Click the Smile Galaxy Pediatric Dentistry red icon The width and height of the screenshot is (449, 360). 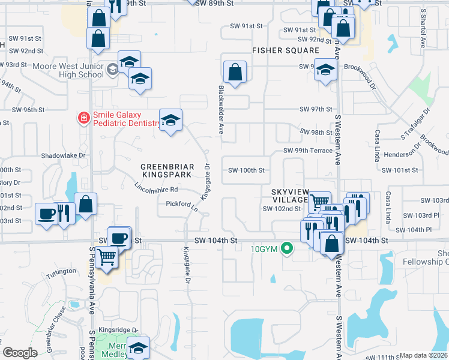tap(83, 117)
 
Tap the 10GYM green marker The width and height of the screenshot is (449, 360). tap(288, 247)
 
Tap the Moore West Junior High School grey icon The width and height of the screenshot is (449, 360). tap(112, 70)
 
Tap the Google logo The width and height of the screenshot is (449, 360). tap(20, 353)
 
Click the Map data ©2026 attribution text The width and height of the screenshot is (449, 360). tap(424, 355)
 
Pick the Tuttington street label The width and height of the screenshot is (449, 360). tap(62, 271)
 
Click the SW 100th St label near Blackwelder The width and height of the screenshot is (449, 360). tap(246, 170)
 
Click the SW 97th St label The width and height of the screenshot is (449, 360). tap(316, 109)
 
